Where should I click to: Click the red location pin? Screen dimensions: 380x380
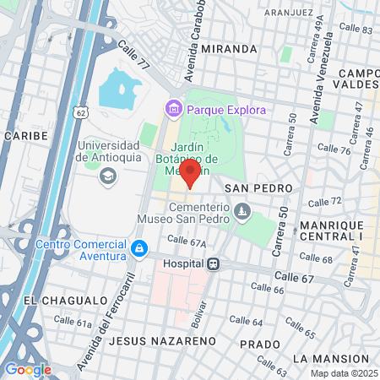pyautogui.click(x=190, y=174)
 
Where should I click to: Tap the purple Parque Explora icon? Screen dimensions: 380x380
pyautogui.click(x=174, y=109)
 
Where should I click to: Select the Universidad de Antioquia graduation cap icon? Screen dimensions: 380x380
pyautogui.click(x=107, y=176)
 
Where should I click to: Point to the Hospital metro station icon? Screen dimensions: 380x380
pyautogui.click(x=214, y=263)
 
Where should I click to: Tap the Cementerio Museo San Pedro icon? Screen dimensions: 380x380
pyautogui.click(x=243, y=209)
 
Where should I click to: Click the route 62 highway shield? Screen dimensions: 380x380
pyautogui.click(x=80, y=111)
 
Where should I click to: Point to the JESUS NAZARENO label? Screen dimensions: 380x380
pyautogui.click(x=163, y=341)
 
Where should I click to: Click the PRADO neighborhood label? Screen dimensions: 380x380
pyautogui.click(x=259, y=345)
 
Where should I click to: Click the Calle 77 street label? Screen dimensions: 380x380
pyautogui.click(x=133, y=57)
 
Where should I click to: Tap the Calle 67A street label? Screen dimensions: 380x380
pyautogui.click(x=187, y=242)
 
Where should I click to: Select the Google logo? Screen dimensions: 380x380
pyautogui.click(x=28, y=369)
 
